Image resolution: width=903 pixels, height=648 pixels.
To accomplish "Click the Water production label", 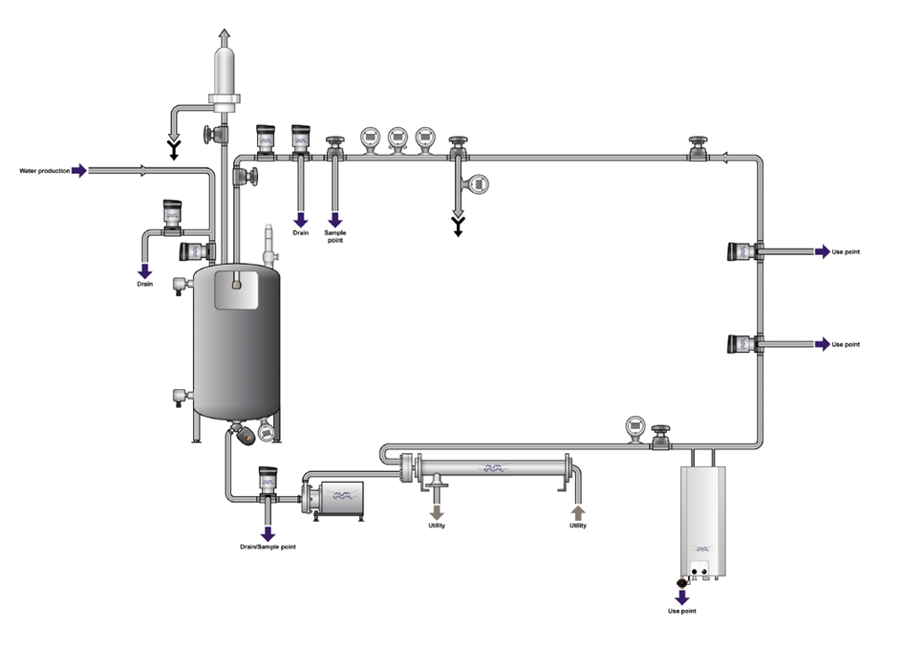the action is click(x=44, y=171).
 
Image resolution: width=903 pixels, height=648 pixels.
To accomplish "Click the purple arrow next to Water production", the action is click(x=79, y=170).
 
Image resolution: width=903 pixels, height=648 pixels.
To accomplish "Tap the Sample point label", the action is click(x=335, y=236).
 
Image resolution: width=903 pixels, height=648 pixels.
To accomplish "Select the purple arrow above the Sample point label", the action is click(x=335, y=220).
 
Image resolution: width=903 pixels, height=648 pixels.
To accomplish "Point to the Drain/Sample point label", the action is click(x=268, y=547).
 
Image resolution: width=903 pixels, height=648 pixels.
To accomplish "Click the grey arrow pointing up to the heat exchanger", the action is click(x=577, y=512).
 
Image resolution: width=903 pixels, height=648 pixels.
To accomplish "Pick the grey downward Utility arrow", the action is click(x=437, y=512).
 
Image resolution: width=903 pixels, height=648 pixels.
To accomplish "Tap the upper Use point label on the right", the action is click(x=846, y=251).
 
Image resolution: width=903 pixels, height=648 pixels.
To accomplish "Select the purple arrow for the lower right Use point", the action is click(x=823, y=344).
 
